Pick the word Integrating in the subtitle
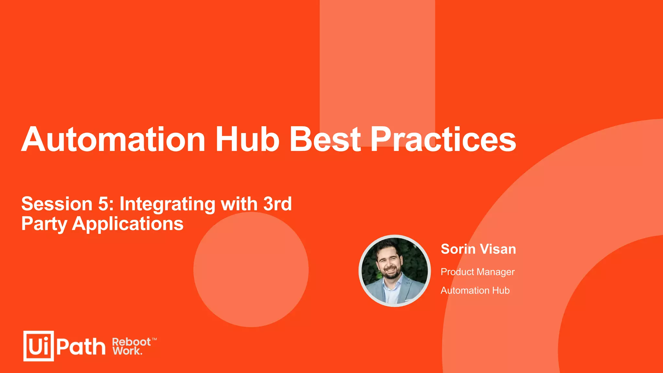coord(167,204)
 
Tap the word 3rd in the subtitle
coord(277,204)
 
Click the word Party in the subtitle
coord(44,224)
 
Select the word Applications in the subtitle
coord(128,224)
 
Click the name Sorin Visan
coord(478,249)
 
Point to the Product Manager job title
coord(478,272)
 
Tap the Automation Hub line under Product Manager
coord(475,290)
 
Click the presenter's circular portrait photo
coord(395,271)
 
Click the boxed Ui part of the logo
coord(39,346)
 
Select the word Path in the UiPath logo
coord(81,347)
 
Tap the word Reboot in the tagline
coord(131,342)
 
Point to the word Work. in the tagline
coord(127,351)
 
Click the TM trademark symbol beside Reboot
coord(154,339)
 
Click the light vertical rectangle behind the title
coord(377,65)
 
